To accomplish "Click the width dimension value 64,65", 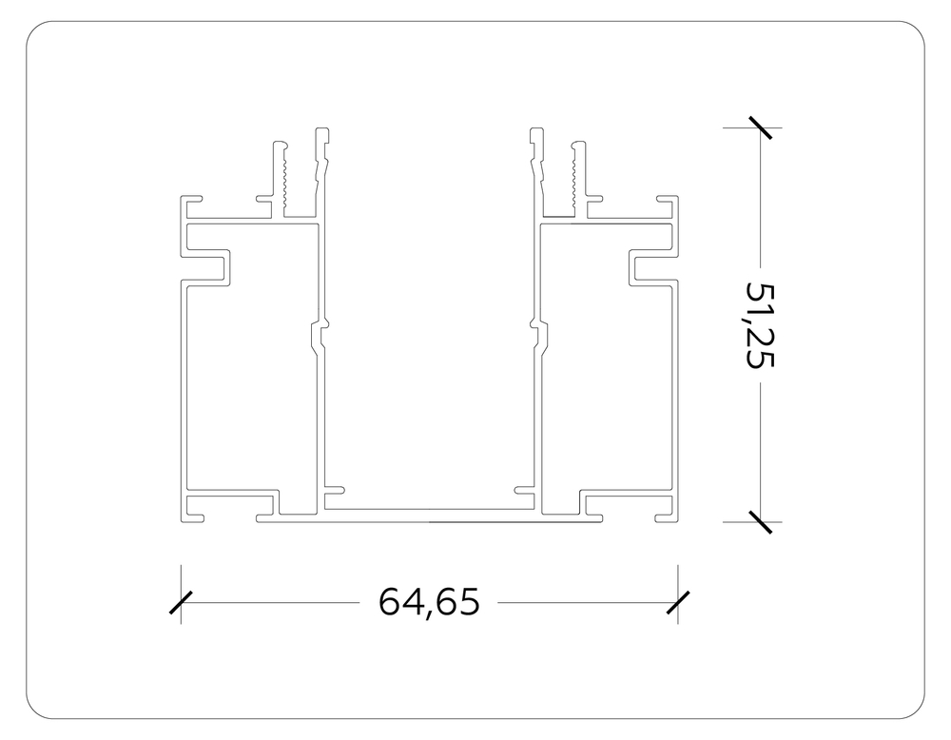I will tap(428, 602).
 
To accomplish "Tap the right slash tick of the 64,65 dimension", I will tap(677, 602).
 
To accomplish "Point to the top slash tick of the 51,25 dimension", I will tap(760, 127).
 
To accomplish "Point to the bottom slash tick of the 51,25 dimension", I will tap(760, 521).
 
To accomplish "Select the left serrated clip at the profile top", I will tap(283, 177).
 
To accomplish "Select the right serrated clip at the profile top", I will tap(575, 177).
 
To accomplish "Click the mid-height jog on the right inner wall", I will tap(540, 334).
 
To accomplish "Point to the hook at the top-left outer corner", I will tap(192, 202).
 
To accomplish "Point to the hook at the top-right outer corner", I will tap(667, 202).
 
